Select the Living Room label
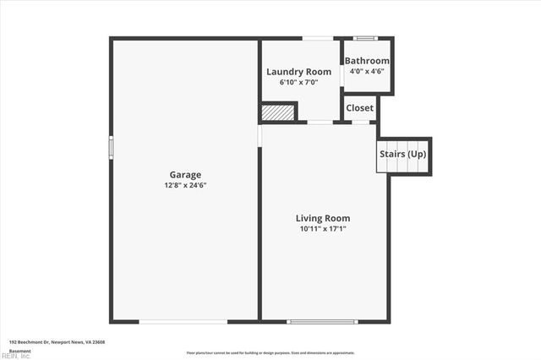click(x=322, y=218)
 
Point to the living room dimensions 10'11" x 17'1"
click(x=322, y=229)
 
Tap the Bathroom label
click(x=369, y=61)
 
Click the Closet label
click(x=359, y=108)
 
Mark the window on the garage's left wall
click(x=111, y=147)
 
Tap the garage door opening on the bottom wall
click(x=183, y=321)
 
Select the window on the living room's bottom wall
click(x=323, y=321)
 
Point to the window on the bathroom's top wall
click(x=366, y=38)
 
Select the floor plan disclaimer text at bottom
click(x=270, y=352)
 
